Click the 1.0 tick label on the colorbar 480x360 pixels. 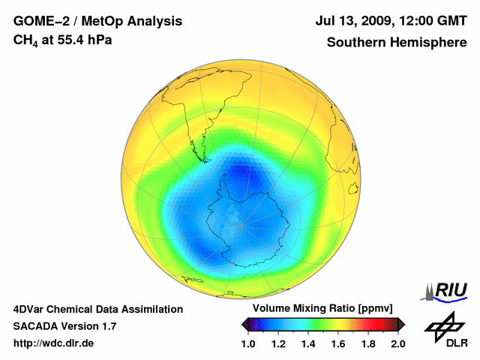pyautogui.click(x=248, y=344)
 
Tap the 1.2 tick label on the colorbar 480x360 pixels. pyautogui.click(x=278, y=344)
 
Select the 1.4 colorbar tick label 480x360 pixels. pyautogui.click(x=308, y=344)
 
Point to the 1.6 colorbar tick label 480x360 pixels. pyautogui.click(x=338, y=344)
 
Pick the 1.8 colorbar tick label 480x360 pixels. pyautogui.click(x=367, y=344)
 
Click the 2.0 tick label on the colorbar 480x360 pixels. pyautogui.click(x=397, y=344)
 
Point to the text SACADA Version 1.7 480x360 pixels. pyautogui.click(x=64, y=326)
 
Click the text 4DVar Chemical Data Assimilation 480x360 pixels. pyautogui.click(x=98, y=309)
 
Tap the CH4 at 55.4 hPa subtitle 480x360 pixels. pyautogui.click(x=63, y=40)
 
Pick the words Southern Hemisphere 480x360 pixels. pyautogui.click(x=397, y=42)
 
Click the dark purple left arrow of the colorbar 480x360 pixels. pyautogui.click(x=246, y=324)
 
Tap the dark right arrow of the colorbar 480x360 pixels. pyautogui.click(x=400, y=324)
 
